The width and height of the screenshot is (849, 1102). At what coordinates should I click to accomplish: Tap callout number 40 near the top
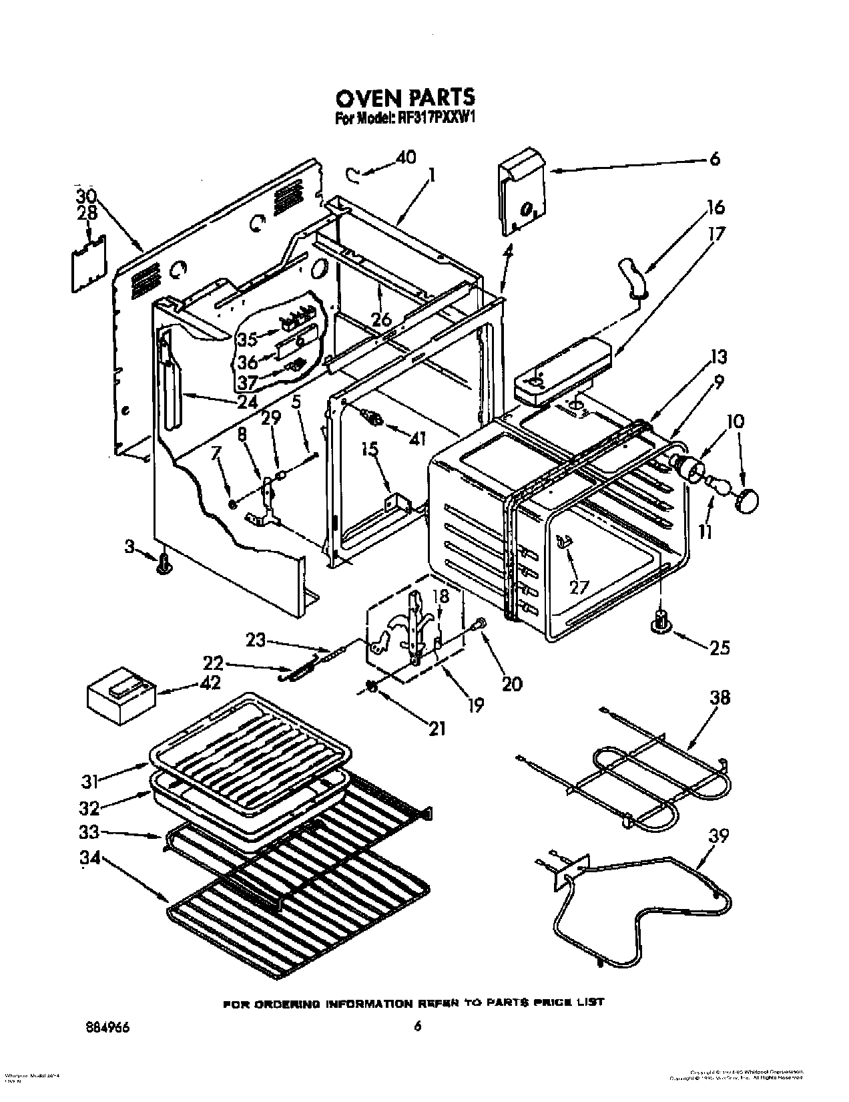pos(405,158)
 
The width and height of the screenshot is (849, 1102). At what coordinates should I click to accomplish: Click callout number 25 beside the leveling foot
pos(719,647)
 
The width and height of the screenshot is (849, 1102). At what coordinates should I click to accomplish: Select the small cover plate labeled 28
pos(89,262)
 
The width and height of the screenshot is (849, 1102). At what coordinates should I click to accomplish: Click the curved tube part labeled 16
pos(631,276)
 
